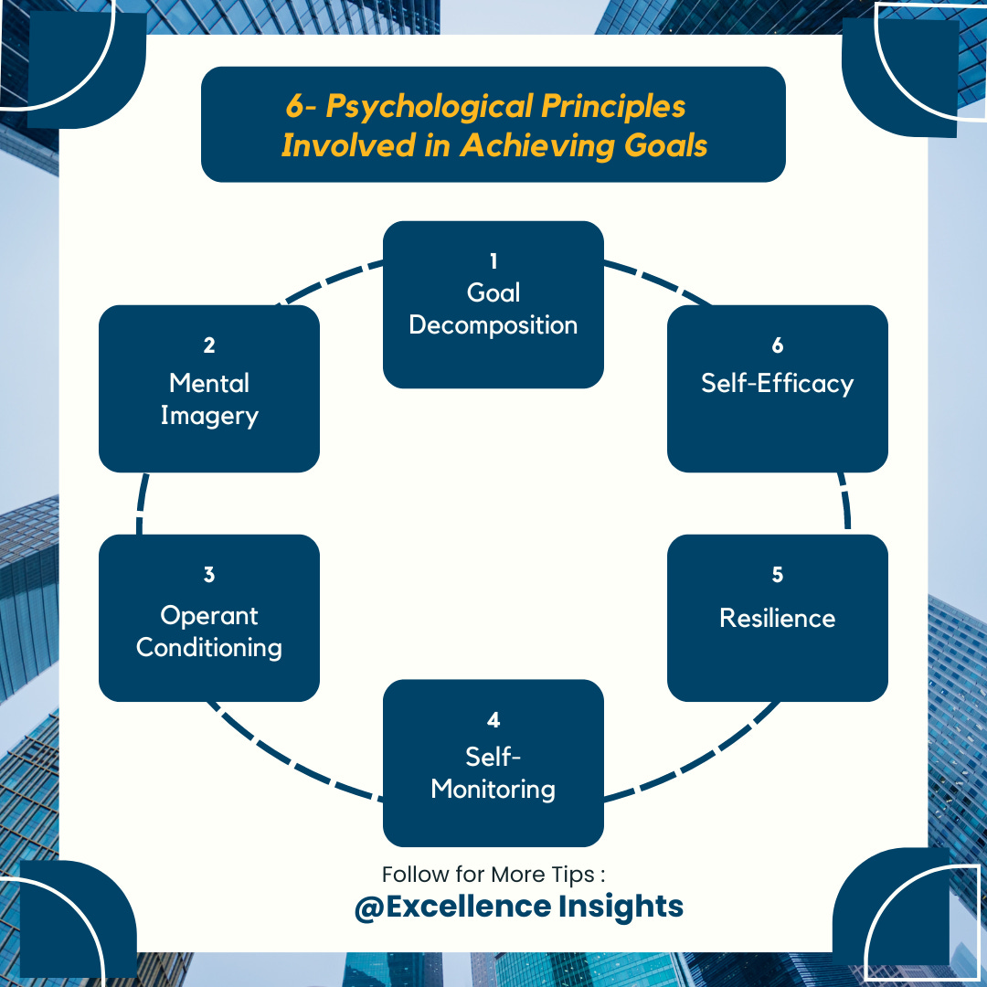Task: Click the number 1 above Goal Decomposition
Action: pyautogui.click(x=493, y=261)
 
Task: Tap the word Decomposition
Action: pyautogui.click(x=493, y=325)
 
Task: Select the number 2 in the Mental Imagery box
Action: pyautogui.click(x=209, y=345)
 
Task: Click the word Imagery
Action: pyautogui.click(x=209, y=416)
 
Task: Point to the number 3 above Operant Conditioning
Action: pyautogui.click(x=209, y=575)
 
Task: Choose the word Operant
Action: pyautogui.click(x=209, y=615)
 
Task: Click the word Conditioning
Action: pyautogui.click(x=209, y=648)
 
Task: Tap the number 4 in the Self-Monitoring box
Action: pyautogui.click(x=493, y=720)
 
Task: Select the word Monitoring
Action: pyautogui.click(x=493, y=789)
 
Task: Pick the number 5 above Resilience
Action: pyautogui.click(x=778, y=575)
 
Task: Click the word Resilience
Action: pyautogui.click(x=778, y=618)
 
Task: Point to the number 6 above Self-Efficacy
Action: pyautogui.click(x=778, y=345)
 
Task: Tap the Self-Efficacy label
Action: pyautogui.click(x=778, y=383)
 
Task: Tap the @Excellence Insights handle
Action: pyautogui.click(x=518, y=907)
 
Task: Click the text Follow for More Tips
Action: pyautogui.click(x=493, y=875)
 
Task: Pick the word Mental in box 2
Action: pyautogui.click(x=209, y=383)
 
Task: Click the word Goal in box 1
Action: pyautogui.click(x=493, y=292)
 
